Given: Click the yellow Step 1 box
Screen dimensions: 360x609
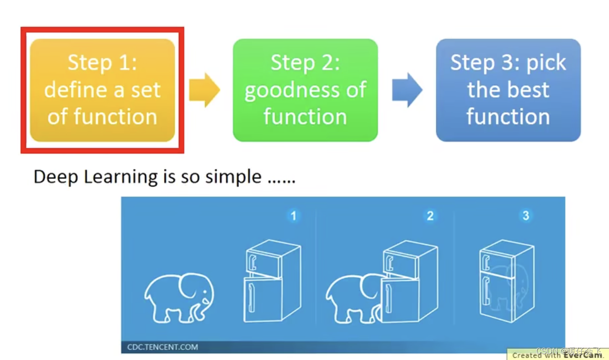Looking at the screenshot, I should coord(102,90).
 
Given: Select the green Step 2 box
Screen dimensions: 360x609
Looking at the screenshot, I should coord(305,90).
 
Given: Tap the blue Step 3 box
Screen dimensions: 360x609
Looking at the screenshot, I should coord(508,90).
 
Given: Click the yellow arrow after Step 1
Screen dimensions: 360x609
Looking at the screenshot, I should coord(204,90).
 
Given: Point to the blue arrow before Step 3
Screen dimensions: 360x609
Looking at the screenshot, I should coord(407,90).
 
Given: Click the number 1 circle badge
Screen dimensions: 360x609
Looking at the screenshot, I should coord(293,216).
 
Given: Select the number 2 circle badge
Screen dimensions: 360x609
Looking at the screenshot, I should coord(430,216).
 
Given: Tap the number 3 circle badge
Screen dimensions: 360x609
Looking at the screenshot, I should coord(526,216).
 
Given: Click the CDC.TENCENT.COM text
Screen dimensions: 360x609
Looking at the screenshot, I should coord(162,347).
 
